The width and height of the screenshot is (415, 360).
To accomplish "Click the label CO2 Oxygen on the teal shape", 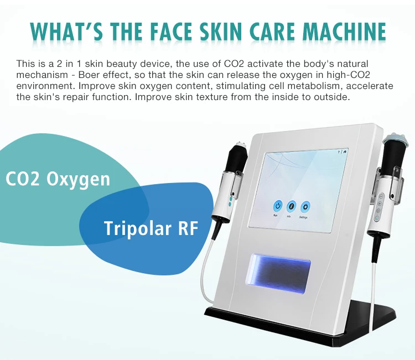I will tap(58, 179).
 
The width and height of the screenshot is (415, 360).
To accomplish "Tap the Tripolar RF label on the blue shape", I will tap(151, 227).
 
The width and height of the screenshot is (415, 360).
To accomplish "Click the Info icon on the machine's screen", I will tap(292, 206).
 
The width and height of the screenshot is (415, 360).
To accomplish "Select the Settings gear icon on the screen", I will tap(305, 207).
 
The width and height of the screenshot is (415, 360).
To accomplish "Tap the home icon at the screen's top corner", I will tap(345, 151).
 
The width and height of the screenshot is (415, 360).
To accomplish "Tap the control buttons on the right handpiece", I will tap(378, 206).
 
